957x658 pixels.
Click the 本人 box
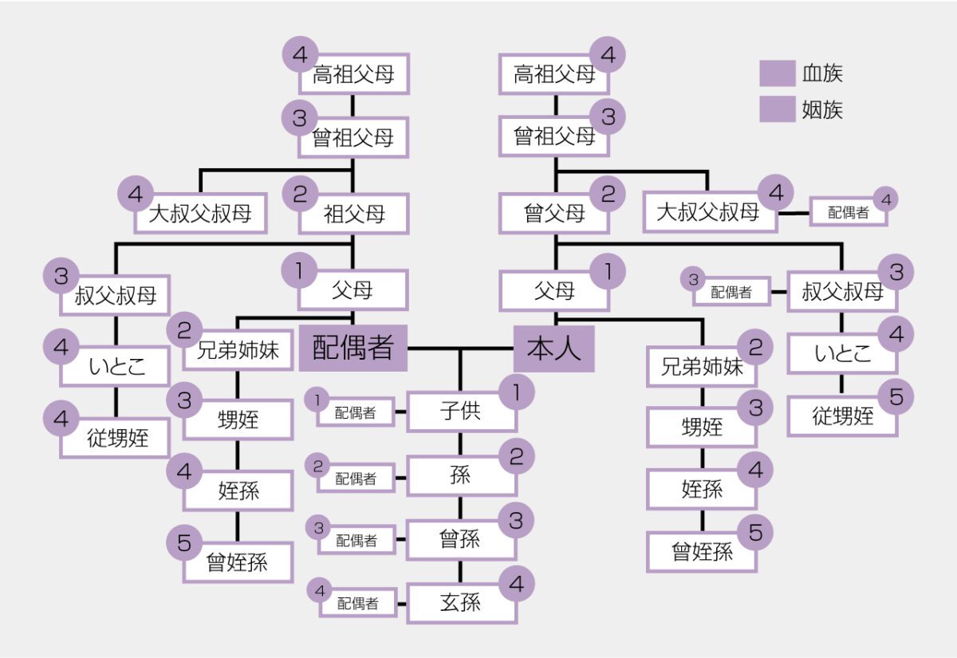pos(553,349)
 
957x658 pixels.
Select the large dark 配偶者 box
pos(353,349)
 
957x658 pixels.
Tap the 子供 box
pos(461,412)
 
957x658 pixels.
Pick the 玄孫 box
pos(461,602)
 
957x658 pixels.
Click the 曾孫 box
pos(461,539)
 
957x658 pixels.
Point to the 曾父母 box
pos(555,212)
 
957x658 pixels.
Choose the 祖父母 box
pos(354,213)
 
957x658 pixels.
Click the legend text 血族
pos(822,74)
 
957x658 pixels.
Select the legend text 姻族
pos(822,110)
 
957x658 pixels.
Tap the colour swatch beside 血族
pos(777,74)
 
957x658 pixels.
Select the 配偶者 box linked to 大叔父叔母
pos(848,213)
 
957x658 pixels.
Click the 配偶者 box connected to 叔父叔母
pos(731,293)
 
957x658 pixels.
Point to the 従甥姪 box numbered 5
pos(842,416)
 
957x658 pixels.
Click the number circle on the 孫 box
pos(516,456)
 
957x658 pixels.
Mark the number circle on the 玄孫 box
pos(516,584)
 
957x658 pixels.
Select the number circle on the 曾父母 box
pos(608,194)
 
